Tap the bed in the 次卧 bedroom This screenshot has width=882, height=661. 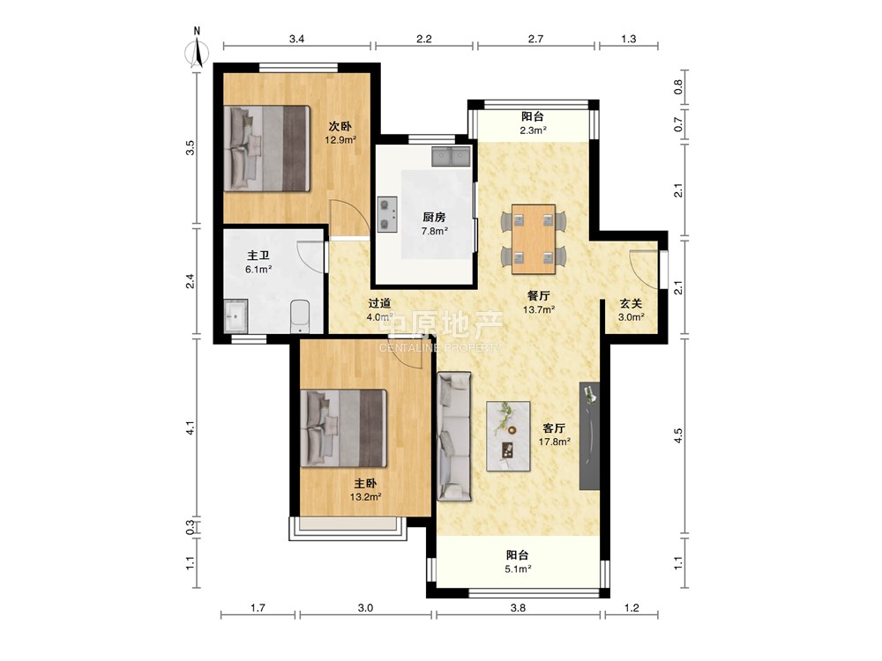(x=267, y=148)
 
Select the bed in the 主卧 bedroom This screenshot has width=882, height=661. (x=344, y=428)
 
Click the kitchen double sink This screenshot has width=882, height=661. (x=451, y=156)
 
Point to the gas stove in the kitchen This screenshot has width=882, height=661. (x=387, y=214)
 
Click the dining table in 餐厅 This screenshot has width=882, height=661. (x=534, y=239)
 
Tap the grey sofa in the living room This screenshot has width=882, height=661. (x=454, y=436)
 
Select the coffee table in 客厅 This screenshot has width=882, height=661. (x=508, y=436)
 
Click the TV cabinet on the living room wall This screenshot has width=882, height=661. (x=589, y=436)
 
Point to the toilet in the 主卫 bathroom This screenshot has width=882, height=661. (x=300, y=317)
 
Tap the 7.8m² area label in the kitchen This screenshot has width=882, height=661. (x=434, y=230)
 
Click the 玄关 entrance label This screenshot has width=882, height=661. (x=632, y=303)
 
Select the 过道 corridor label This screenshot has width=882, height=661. (x=379, y=303)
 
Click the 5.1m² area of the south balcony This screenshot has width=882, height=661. (x=518, y=568)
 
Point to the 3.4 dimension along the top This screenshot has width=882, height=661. (x=296, y=39)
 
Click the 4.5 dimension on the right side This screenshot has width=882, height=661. (x=678, y=436)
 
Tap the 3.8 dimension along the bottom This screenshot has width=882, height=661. (x=518, y=607)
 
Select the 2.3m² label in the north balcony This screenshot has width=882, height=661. (x=534, y=130)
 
